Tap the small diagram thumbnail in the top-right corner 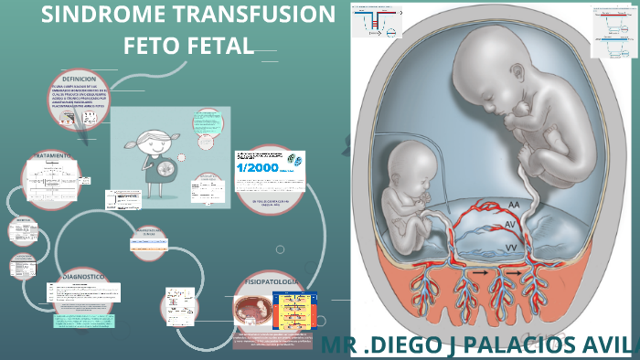click(613, 31)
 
